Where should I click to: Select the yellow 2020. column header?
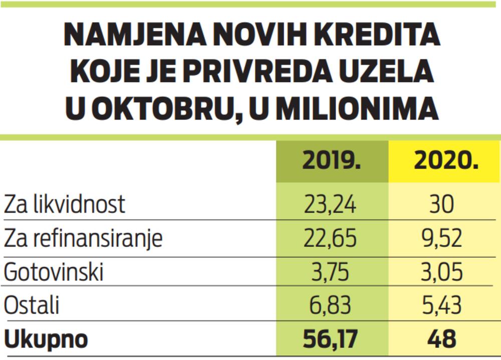click(x=444, y=161)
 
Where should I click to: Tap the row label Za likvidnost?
click(x=65, y=205)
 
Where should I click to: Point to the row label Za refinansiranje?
click(x=83, y=239)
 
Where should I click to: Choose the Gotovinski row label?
click(x=54, y=272)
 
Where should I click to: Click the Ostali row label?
click(x=31, y=306)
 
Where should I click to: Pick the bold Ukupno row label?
click(x=46, y=340)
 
